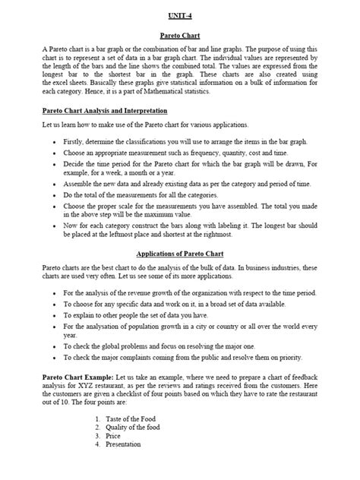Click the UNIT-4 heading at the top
coord(180,14)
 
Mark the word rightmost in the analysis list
coord(273,236)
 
